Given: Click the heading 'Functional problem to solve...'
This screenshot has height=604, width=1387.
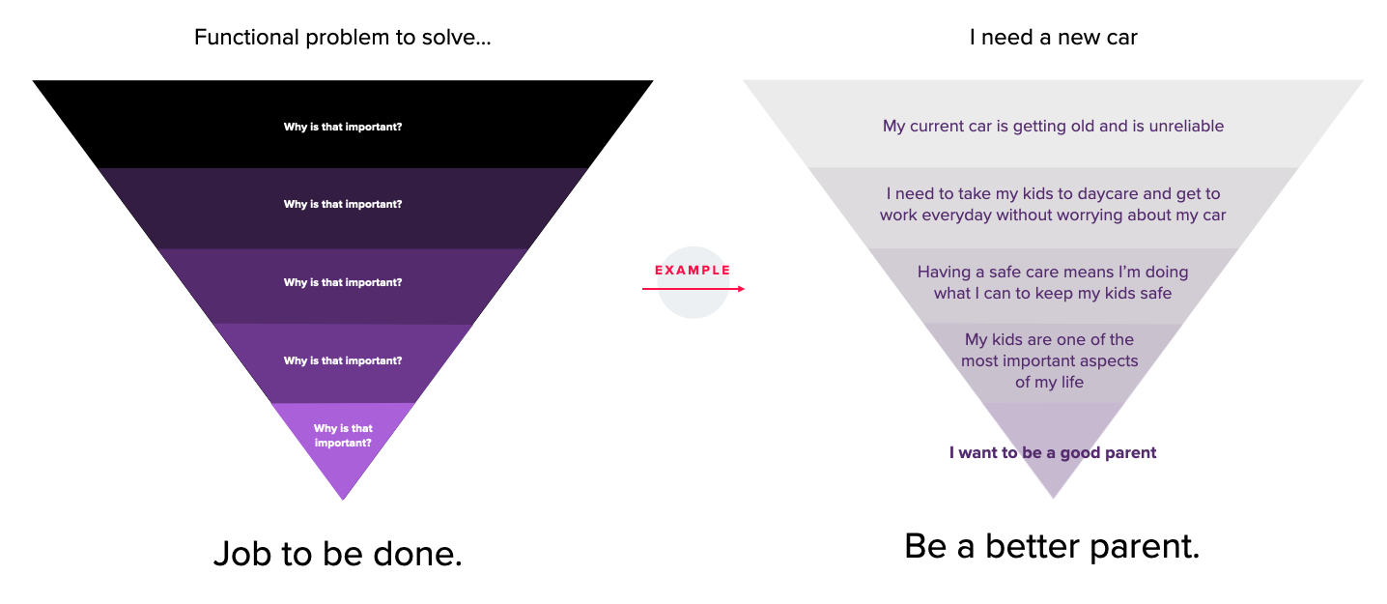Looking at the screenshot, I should coord(342,38).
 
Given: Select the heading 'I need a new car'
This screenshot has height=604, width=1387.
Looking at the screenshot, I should coord(1053,38).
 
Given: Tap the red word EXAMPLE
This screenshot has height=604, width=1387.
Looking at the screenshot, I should coord(693,271).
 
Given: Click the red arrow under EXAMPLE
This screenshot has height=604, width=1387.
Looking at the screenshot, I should coord(693,289).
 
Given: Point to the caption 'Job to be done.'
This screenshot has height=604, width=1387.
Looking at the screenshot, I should coord(337,555).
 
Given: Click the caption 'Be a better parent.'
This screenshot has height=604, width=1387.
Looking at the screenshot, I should coord(1052,547).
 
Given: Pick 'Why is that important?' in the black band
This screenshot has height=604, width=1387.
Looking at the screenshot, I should coord(343,127).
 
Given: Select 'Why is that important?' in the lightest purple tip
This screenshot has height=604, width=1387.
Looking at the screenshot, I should coord(343,436).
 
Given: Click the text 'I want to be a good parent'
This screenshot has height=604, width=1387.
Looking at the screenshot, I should coord(1052,452).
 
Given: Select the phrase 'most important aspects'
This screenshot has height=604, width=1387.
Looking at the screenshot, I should coord(1049,361).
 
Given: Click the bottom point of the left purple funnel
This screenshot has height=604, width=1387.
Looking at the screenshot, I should coord(343,498).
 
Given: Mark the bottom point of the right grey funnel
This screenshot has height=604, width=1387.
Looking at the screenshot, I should coord(1053,496).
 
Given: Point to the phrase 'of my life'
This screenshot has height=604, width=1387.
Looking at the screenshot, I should coord(1049,383).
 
